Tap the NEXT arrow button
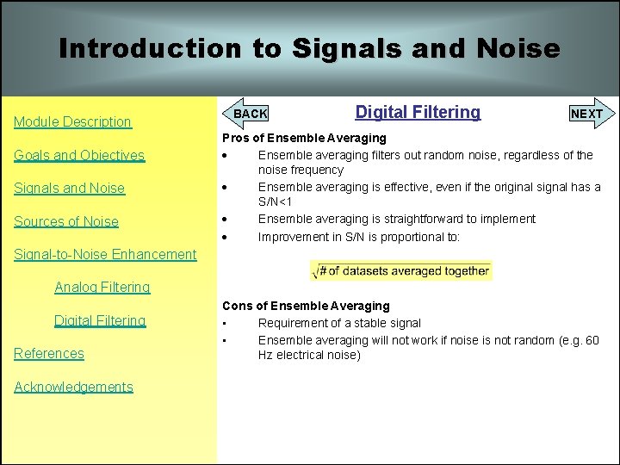point(590,114)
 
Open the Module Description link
point(72,122)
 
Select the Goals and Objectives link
point(79,156)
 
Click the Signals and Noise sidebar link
point(69,189)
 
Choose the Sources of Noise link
point(66,221)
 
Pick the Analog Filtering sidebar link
point(102,288)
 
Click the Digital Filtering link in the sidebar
point(100,321)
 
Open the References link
point(49,354)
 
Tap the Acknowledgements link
point(73,387)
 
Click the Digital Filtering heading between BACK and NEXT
point(418,112)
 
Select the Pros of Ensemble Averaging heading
point(304,138)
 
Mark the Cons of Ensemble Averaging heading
point(306,306)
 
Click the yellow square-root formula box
point(401,271)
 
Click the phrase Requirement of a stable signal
point(339,323)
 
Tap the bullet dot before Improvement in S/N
point(226,237)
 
